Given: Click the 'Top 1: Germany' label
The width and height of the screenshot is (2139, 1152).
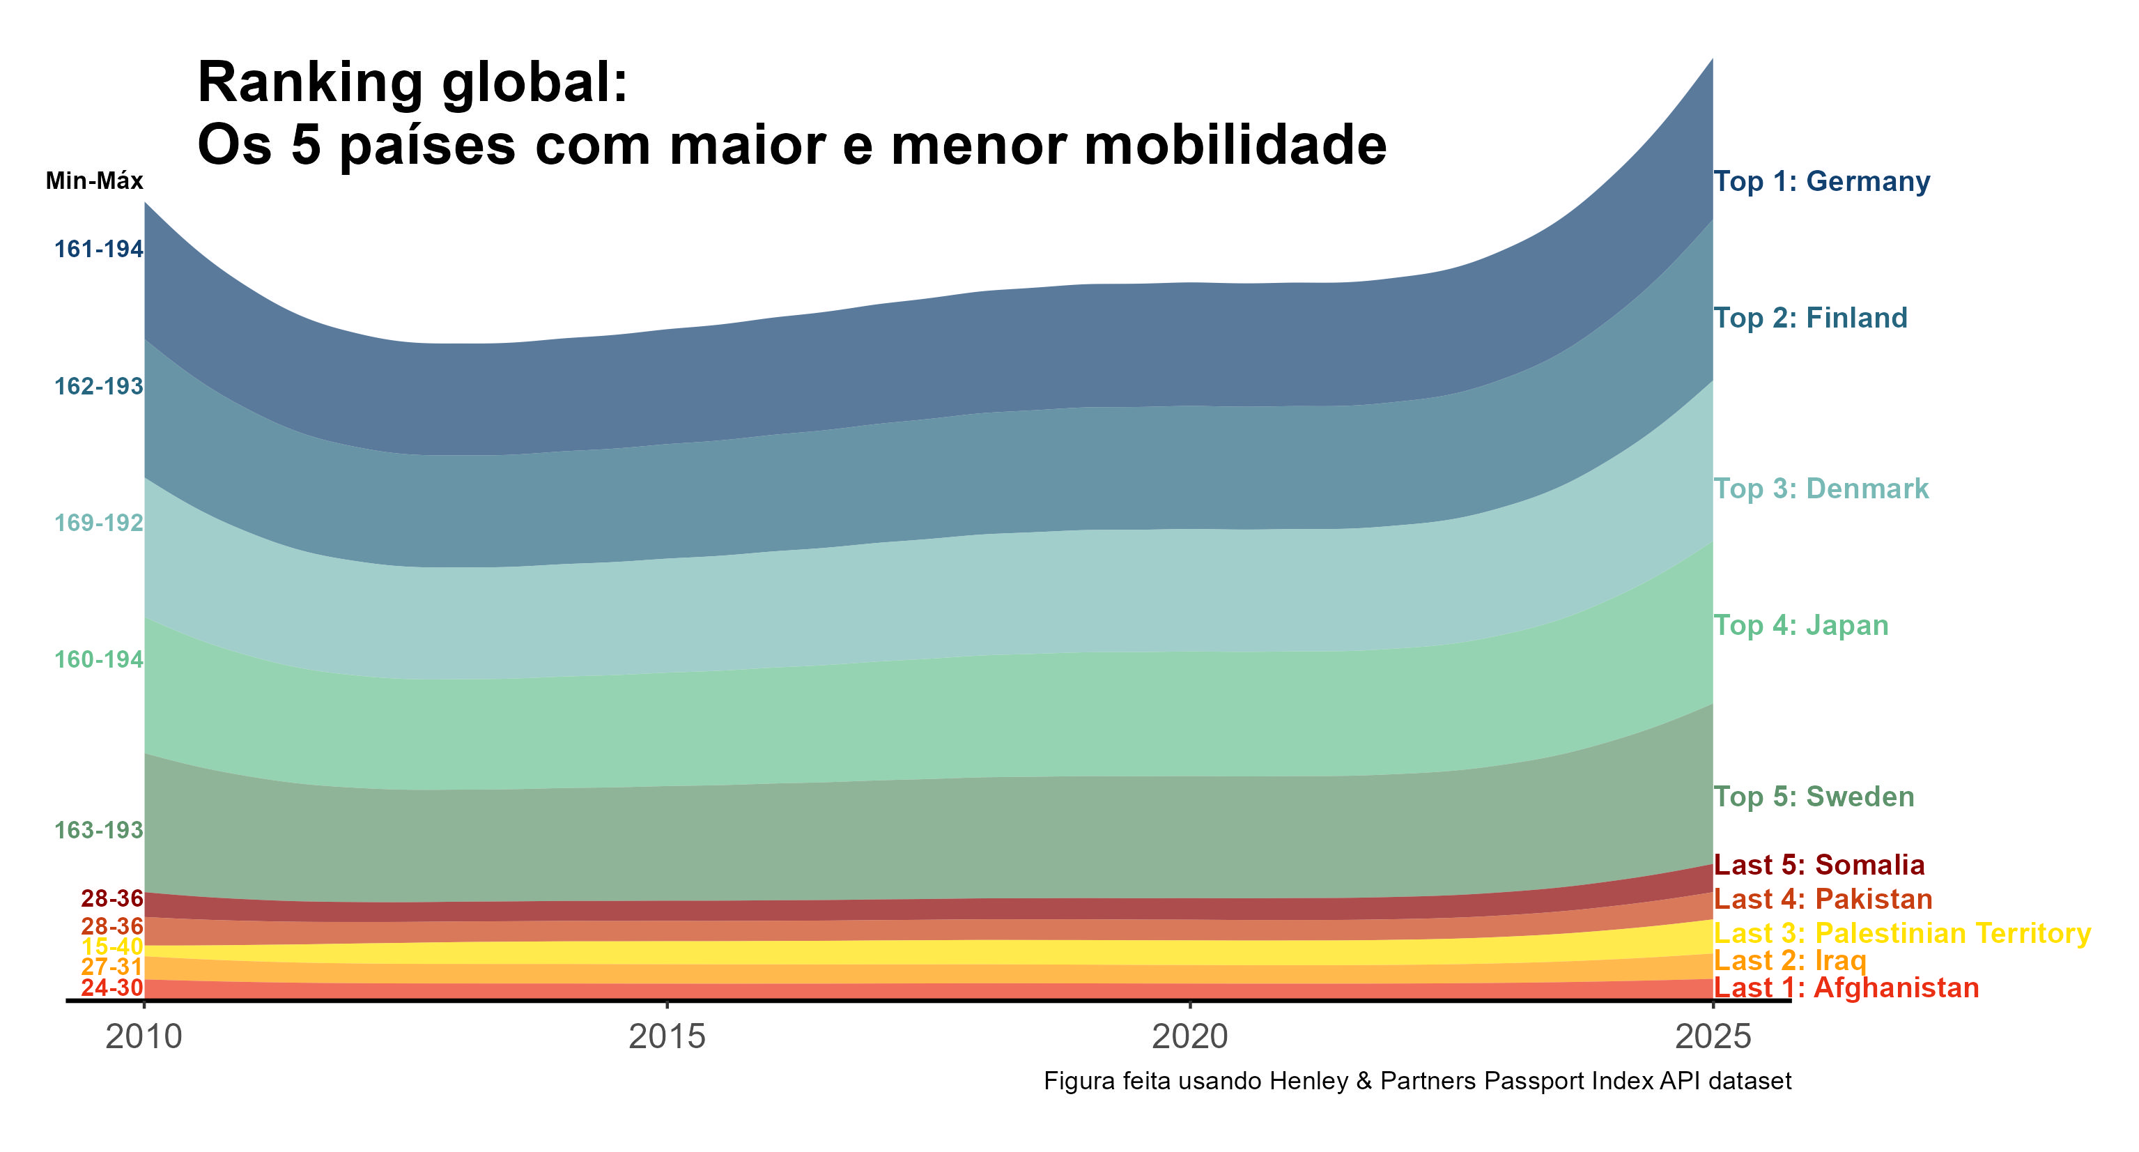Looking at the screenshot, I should tap(1821, 181).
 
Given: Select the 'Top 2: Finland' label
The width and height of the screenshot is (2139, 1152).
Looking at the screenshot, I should tap(1810, 318).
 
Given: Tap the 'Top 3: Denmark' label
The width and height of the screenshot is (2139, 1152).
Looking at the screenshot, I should tap(1821, 489).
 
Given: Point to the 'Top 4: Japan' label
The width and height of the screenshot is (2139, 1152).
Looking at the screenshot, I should tap(1800, 625).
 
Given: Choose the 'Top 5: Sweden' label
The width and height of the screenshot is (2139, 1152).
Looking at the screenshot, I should tap(1814, 797).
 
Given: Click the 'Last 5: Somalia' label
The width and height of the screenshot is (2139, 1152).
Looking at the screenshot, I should tap(1818, 865).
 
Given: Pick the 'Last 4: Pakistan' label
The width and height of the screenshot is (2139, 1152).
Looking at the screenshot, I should tap(1823, 899).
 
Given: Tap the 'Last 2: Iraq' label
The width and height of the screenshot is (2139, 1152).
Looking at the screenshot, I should tap(1789, 960).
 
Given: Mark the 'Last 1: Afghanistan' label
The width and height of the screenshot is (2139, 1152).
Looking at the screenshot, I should tap(1846, 988).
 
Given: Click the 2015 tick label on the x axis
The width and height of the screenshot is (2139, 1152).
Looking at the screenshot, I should tap(667, 1036).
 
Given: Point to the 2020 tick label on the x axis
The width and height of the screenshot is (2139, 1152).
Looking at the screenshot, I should tap(1190, 1036).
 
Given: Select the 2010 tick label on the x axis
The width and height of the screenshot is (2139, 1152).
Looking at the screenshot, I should tap(144, 1036).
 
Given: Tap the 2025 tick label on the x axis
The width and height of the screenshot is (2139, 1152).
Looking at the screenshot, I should tap(1712, 1036).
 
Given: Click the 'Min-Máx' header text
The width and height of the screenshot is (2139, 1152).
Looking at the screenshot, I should tap(94, 181).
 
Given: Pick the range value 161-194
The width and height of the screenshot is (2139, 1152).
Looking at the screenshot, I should tap(99, 249).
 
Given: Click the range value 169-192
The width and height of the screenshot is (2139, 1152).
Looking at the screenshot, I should tap(99, 523).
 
